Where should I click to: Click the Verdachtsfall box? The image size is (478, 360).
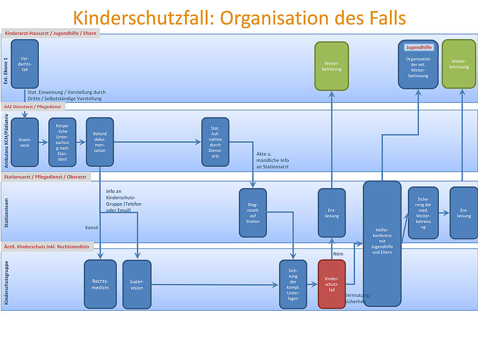pos(24,64)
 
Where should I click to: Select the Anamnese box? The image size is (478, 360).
pos(24,142)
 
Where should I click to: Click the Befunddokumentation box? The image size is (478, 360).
pos(100,142)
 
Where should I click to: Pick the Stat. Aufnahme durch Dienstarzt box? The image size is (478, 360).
pos(215,141)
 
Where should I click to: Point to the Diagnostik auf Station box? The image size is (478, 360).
pos(253,212)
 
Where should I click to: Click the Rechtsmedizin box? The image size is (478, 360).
pos(100,284)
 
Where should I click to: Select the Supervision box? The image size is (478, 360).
pos(137,284)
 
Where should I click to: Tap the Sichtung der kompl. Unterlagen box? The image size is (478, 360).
pos(293,284)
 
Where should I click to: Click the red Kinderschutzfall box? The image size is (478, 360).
pos(332,284)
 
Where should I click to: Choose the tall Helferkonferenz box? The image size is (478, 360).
pos(382,243)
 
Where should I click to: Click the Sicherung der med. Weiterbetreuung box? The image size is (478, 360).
pos(423,212)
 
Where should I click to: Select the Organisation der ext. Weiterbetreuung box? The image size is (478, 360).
pos(419,64)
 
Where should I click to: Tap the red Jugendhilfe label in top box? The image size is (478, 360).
pos(419,47)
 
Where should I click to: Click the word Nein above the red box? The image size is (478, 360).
pos(338,254)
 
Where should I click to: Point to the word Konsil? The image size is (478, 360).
pos(92,228)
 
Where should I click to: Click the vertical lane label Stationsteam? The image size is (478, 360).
pos(6,212)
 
